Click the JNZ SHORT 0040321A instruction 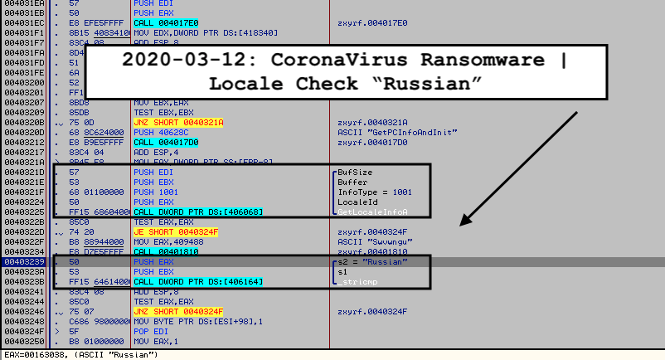click(171, 122)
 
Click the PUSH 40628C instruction click(158, 132)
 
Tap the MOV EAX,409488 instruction click(167, 241)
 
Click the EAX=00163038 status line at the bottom click(79, 354)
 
